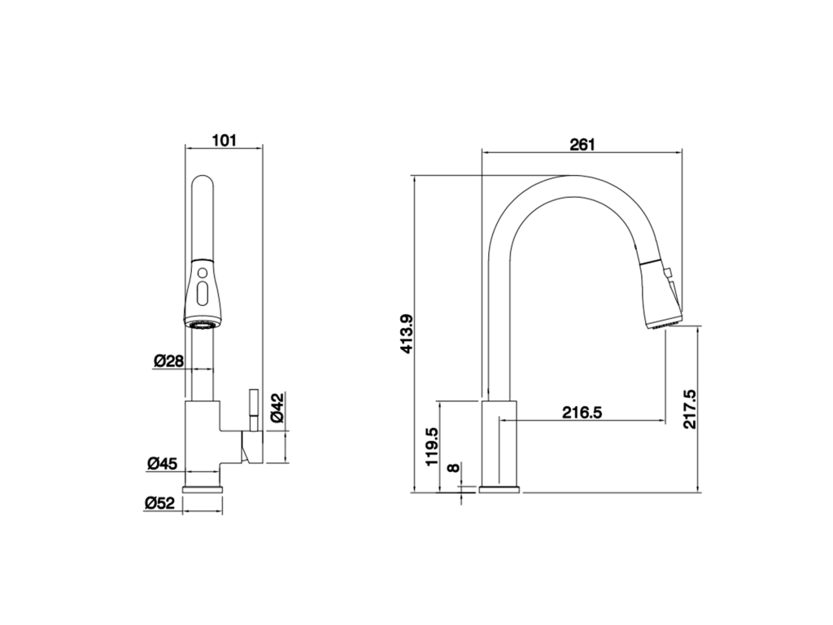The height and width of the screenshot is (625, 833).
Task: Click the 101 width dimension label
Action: point(224,141)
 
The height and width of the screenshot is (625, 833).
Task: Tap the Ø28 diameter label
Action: point(168,361)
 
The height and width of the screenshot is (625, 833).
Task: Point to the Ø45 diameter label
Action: point(162,463)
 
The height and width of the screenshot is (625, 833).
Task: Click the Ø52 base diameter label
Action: point(159,503)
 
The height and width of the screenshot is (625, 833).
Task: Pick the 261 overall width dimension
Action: point(582,145)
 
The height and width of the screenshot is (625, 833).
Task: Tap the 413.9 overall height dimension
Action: point(407,334)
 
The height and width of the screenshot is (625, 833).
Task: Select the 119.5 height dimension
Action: point(431,447)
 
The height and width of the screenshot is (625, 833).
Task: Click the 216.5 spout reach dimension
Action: point(582,413)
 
